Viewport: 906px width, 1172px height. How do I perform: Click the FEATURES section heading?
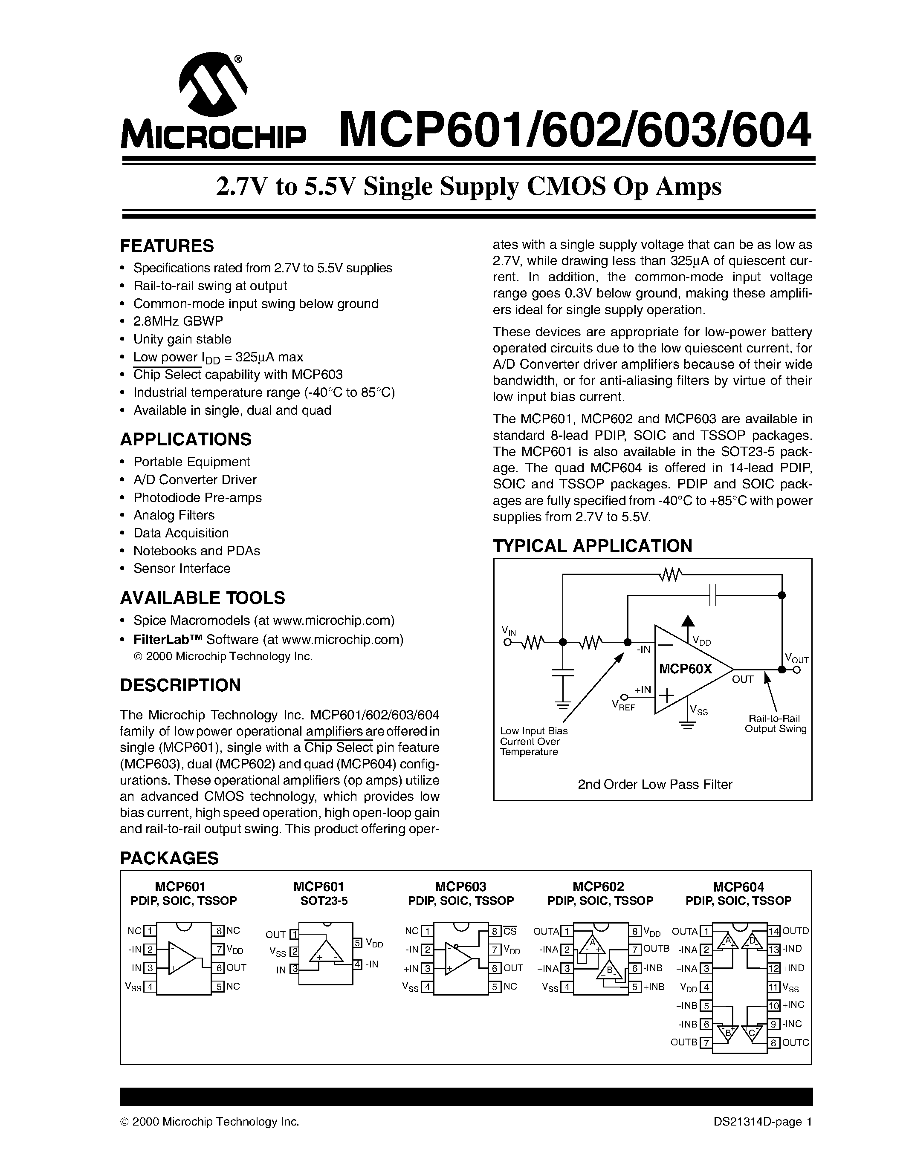(x=167, y=246)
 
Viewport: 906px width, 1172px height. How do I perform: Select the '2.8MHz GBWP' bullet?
(x=178, y=321)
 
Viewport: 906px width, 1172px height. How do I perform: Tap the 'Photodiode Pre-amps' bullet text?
(x=197, y=497)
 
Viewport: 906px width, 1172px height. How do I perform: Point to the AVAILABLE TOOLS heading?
(x=203, y=598)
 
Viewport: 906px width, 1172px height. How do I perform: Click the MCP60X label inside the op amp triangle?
(x=686, y=669)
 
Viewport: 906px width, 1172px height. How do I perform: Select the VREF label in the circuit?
(x=624, y=706)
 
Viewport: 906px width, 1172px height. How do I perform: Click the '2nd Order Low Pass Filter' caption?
(x=655, y=784)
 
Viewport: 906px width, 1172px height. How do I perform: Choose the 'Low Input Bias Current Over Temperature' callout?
(x=533, y=741)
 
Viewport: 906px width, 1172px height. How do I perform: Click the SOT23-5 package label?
(x=324, y=901)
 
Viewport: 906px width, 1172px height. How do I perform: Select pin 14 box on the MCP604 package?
(x=774, y=931)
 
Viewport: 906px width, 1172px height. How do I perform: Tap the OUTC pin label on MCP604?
(x=796, y=1043)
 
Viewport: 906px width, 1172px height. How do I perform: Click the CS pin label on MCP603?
(x=510, y=931)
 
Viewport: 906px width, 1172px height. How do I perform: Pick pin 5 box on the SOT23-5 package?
(x=357, y=943)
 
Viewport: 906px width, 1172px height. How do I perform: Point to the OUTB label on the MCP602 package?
(x=656, y=949)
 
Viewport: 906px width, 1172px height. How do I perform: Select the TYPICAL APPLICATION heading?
(x=593, y=546)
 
